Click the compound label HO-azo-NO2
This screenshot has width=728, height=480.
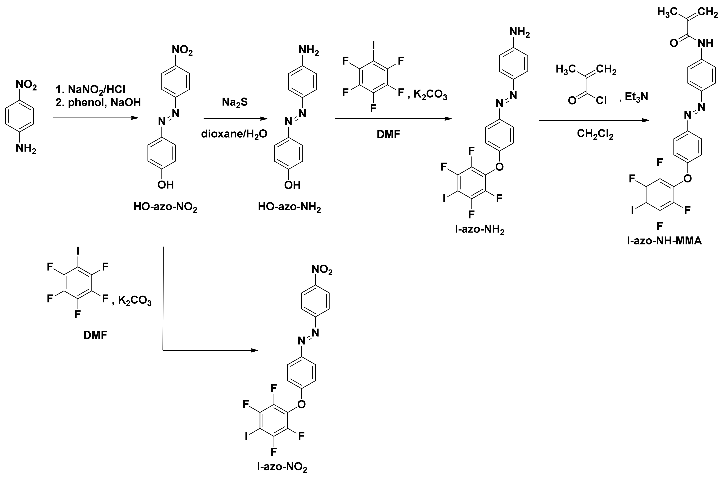pos(165,207)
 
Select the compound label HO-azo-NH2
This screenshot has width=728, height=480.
pos(289,207)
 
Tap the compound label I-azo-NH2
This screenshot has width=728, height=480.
pos(480,230)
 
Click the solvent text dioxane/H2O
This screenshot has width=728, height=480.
pos(234,134)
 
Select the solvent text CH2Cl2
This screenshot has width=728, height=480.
pos(595,134)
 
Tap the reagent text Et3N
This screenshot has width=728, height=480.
pos(637,97)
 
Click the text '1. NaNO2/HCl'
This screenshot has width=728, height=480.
pos(90,89)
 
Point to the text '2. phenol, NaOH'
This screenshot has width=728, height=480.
pos(98,102)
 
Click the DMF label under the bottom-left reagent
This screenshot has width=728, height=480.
pos(95,335)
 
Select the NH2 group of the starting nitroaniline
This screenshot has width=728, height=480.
pos(26,149)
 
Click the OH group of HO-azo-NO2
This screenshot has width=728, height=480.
pos(166,185)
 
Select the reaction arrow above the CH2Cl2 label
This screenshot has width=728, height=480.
pos(594,120)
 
